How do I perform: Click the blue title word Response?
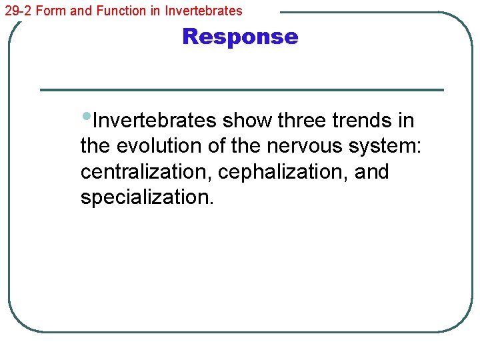[x=240, y=36]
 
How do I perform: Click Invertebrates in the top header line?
[x=203, y=11]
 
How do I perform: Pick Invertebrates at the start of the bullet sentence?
[x=155, y=121]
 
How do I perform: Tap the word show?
[x=247, y=121]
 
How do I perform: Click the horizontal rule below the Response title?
[x=241, y=90]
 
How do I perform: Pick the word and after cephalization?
[x=372, y=171]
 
